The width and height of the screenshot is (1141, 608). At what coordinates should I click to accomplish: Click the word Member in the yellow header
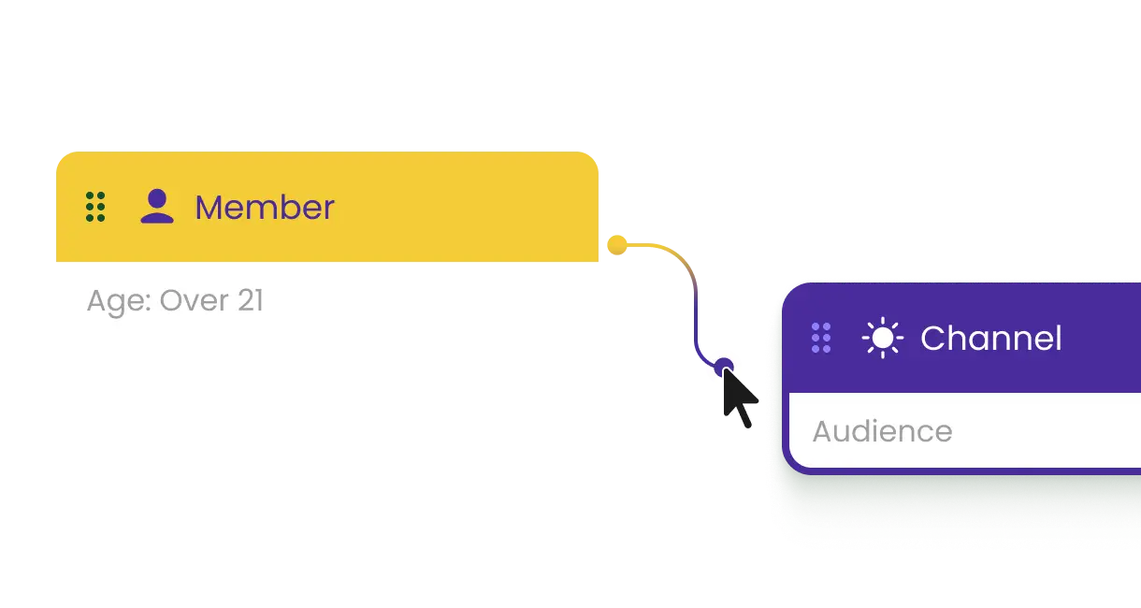[x=264, y=208]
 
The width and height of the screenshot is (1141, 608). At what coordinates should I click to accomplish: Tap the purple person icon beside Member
[x=156, y=207]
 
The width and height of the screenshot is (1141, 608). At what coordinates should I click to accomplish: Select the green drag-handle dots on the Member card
[x=94, y=207]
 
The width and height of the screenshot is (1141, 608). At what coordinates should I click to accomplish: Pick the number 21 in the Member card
[x=247, y=301]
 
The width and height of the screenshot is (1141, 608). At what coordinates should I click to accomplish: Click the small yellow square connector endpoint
[x=615, y=245]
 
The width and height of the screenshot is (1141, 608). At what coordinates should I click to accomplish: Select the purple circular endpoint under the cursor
[x=723, y=366]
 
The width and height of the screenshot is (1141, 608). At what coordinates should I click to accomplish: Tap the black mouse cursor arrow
[x=739, y=398]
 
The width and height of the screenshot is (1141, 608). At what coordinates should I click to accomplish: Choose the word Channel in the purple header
[x=990, y=339]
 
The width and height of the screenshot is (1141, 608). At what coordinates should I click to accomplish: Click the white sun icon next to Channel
[x=882, y=338]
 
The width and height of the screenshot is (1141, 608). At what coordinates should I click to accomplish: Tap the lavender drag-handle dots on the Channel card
[x=820, y=338]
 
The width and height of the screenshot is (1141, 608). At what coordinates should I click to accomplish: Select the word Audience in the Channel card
[x=882, y=431]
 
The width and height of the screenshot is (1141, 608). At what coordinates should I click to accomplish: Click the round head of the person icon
[x=157, y=197]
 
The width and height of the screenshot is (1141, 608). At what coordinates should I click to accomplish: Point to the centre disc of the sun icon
[x=882, y=338]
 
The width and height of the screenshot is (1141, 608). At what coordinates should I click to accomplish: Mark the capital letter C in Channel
[x=933, y=339]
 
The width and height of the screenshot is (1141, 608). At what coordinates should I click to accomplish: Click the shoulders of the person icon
[x=156, y=217]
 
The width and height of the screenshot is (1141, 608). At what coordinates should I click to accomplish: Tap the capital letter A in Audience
[x=824, y=431]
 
